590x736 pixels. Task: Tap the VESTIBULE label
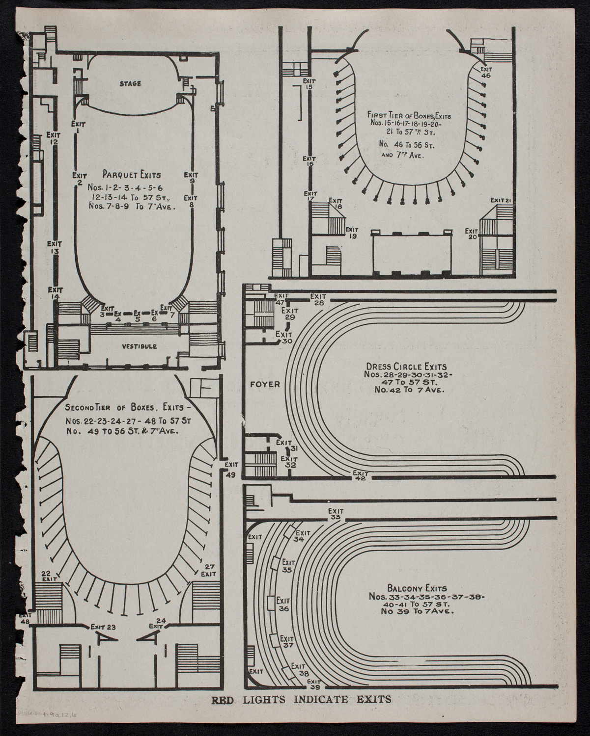click(x=140, y=346)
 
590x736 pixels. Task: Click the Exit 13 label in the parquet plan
click(x=54, y=247)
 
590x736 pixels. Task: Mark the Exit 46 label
click(x=486, y=72)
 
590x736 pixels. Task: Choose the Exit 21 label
click(x=502, y=200)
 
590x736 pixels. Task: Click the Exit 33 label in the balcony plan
click(x=336, y=513)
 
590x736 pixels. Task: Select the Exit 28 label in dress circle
click(x=318, y=299)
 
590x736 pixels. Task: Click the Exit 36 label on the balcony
click(x=283, y=604)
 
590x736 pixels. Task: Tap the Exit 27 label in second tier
click(x=209, y=569)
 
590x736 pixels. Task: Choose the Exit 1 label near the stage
click(x=77, y=127)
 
